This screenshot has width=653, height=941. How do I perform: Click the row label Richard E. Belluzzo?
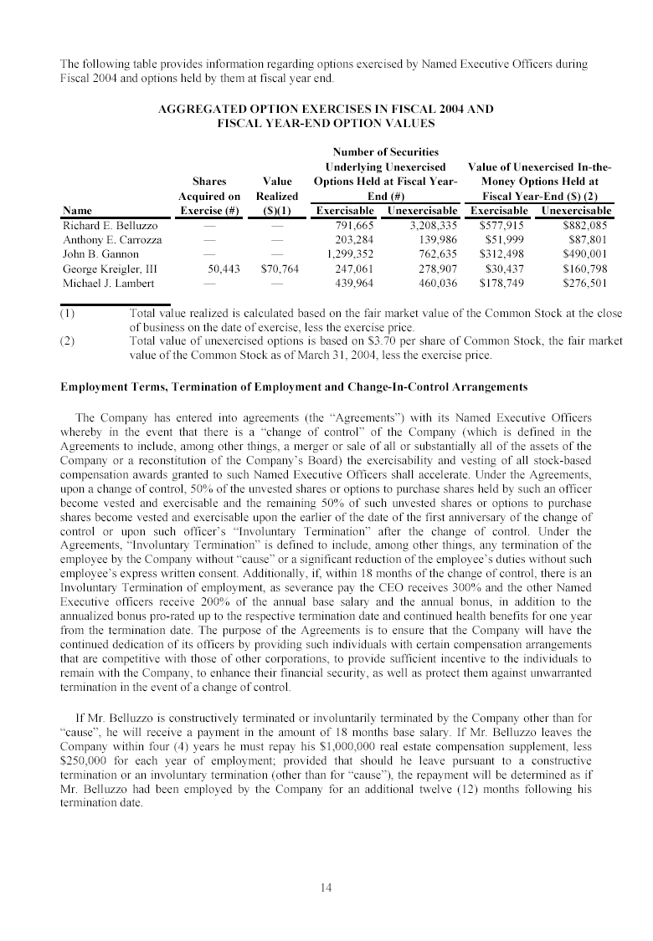(x=110, y=225)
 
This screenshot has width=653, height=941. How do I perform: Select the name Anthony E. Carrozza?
(x=112, y=240)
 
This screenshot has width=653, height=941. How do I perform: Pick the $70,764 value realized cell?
(x=279, y=269)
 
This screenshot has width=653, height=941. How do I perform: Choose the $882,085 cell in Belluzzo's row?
(x=587, y=225)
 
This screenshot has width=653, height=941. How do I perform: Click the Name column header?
(x=77, y=211)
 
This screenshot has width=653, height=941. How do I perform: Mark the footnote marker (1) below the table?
(x=68, y=314)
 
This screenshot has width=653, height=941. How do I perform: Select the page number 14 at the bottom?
(x=326, y=888)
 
